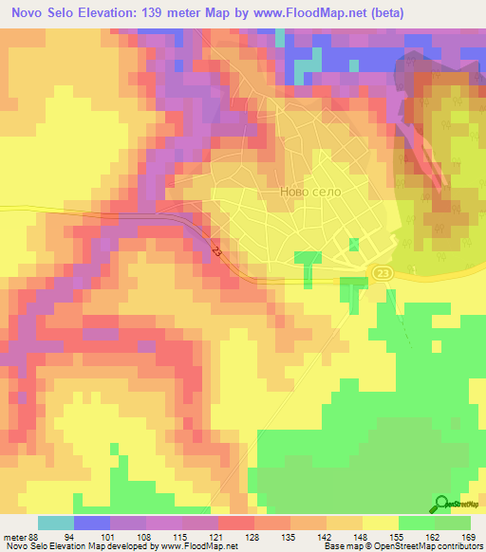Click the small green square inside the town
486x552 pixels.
pos(354,245)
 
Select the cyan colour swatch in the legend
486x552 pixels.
pos(56,523)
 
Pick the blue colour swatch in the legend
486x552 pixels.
pos(92,523)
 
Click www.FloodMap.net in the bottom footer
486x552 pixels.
pos(198,546)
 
